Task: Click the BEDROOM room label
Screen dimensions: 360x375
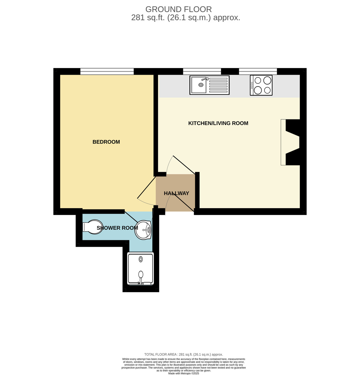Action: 106,142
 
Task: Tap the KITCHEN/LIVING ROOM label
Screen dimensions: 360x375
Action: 218,123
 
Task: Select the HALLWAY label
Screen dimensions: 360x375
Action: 176,193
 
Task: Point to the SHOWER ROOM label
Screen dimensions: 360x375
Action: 117,228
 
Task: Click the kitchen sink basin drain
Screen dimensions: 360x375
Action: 201,85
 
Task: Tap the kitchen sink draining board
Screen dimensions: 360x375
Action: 218,85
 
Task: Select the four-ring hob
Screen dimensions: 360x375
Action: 261,85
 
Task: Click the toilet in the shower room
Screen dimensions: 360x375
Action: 92,227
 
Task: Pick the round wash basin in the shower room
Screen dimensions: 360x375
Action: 143,230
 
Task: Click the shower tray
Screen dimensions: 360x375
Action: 140,268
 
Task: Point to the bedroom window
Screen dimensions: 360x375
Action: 107,71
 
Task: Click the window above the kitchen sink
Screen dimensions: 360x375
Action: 202,71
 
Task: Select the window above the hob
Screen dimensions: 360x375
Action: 258,71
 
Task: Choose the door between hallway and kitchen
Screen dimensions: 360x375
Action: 184,165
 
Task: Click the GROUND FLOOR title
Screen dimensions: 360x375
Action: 179,9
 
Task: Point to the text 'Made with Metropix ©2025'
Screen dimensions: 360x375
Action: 184,373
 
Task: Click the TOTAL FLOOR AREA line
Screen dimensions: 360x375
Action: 184,354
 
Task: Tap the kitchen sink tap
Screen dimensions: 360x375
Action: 205,79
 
